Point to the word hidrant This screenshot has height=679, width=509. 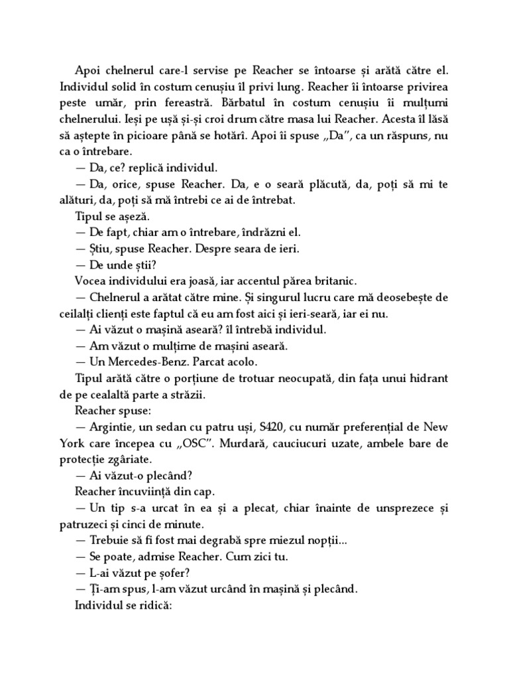422,379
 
